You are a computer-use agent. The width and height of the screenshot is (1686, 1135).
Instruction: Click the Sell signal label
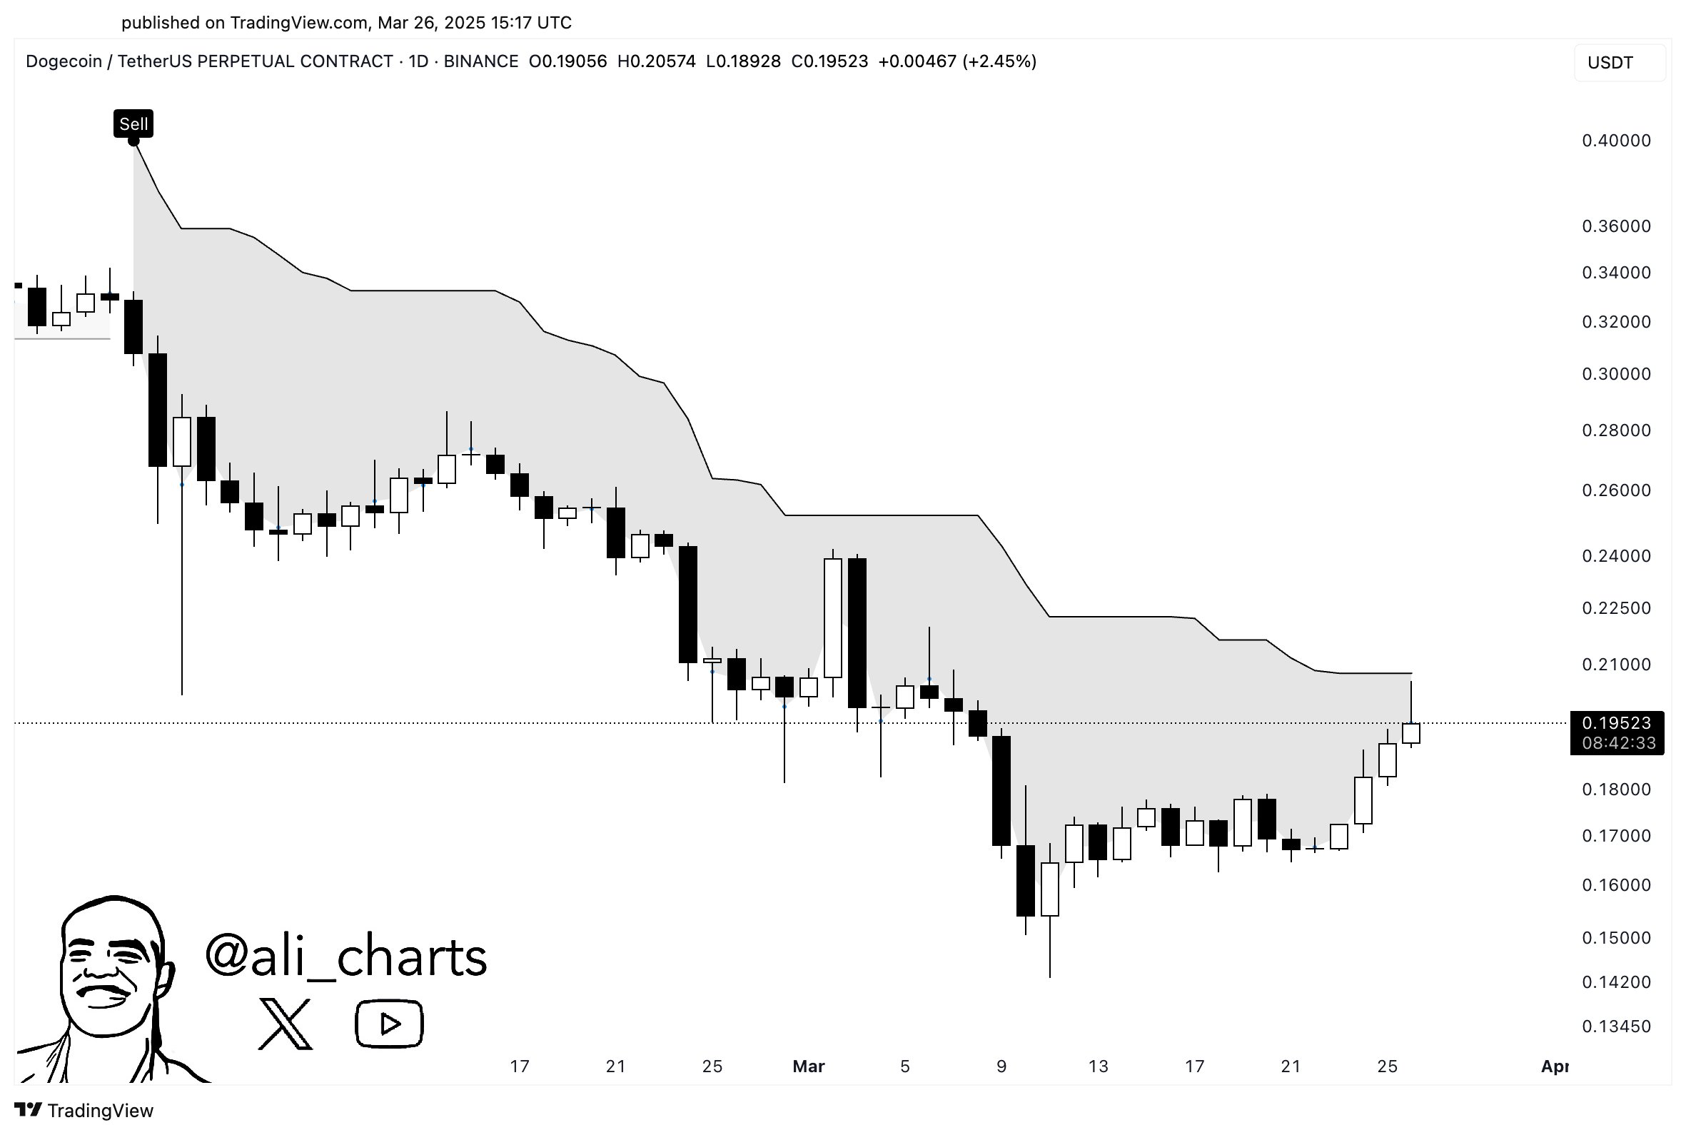133,123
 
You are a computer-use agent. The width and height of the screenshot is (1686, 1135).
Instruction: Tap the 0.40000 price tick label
1616,141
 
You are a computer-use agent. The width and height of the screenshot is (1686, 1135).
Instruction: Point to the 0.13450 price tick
1616,1026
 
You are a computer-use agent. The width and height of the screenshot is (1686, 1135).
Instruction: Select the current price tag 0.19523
1616,722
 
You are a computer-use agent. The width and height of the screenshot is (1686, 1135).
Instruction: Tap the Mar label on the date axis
808,1066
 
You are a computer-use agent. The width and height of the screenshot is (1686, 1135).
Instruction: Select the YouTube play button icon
389,1024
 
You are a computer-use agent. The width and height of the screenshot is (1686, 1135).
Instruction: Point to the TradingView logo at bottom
84,1111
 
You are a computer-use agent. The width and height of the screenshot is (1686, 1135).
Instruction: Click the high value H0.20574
656,61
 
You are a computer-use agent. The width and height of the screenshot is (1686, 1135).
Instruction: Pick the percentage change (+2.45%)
999,61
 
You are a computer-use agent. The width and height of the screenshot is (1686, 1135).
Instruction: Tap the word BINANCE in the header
480,61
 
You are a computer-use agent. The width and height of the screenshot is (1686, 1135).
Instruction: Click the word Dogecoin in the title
64,61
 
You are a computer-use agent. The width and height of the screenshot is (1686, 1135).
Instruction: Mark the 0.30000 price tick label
1616,373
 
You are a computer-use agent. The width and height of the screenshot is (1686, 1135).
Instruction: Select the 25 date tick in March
1387,1066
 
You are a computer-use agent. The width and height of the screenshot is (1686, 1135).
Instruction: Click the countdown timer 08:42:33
1618,742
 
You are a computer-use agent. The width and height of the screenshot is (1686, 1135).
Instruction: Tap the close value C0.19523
829,61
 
